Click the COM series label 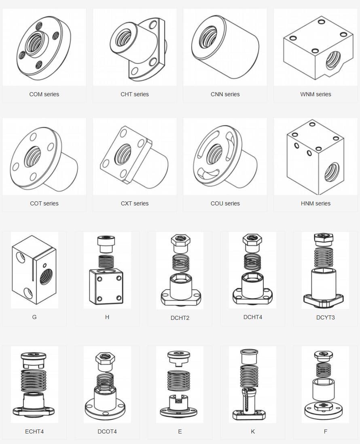(44, 94)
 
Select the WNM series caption (316, 94)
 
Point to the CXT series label (135, 203)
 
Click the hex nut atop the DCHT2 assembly (180, 243)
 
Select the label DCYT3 (325, 317)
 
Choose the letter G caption (34, 317)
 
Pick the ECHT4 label (34, 431)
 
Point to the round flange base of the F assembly (325, 412)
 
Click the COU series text (225, 203)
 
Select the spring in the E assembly (179, 380)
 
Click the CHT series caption (135, 94)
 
